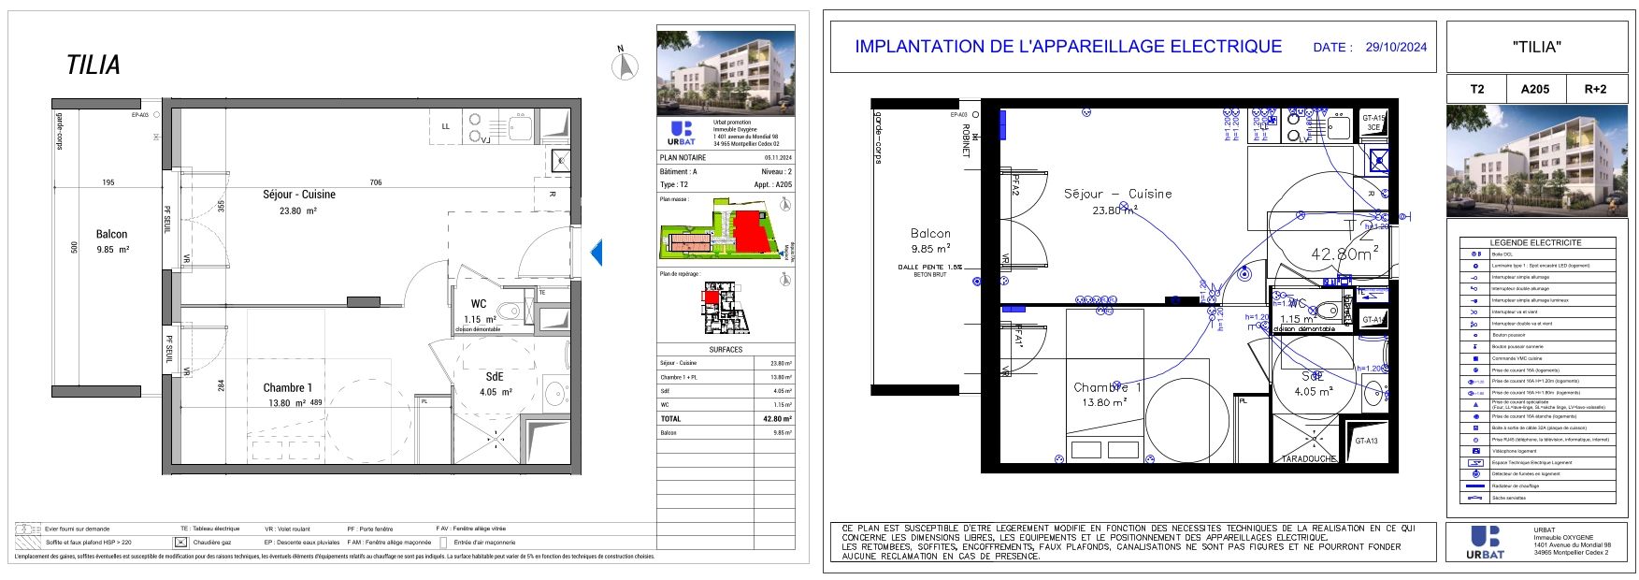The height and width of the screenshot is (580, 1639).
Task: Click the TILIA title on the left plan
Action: coord(93,65)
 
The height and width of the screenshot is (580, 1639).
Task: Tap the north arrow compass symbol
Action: coord(624,65)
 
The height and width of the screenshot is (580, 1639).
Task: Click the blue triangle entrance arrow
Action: coord(597,252)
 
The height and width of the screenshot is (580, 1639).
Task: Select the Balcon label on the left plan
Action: coord(111,235)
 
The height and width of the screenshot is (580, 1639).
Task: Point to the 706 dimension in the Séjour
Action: coord(376,182)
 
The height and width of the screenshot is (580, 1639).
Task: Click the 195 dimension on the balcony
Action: coord(108,182)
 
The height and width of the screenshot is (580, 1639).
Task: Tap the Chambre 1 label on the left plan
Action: coord(287,387)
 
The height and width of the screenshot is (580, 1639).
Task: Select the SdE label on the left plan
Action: coord(494,376)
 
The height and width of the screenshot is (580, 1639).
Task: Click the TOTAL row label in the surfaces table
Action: coord(670,419)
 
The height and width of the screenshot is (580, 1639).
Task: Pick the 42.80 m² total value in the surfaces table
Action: coord(777,419)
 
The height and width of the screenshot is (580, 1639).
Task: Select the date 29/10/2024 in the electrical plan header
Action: coord(1396,47)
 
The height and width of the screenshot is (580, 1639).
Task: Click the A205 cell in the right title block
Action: coord(1534,89)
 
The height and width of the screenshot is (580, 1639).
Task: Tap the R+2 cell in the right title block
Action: coord(1594,89)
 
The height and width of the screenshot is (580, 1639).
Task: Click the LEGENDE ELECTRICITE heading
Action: coord(1535,242)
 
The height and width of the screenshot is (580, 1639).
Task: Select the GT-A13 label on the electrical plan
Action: coord(1366,441)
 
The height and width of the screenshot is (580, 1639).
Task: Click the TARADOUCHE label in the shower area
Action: coord(1310,459)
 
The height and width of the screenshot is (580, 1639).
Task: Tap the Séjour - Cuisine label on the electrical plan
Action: coord(1117,194)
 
